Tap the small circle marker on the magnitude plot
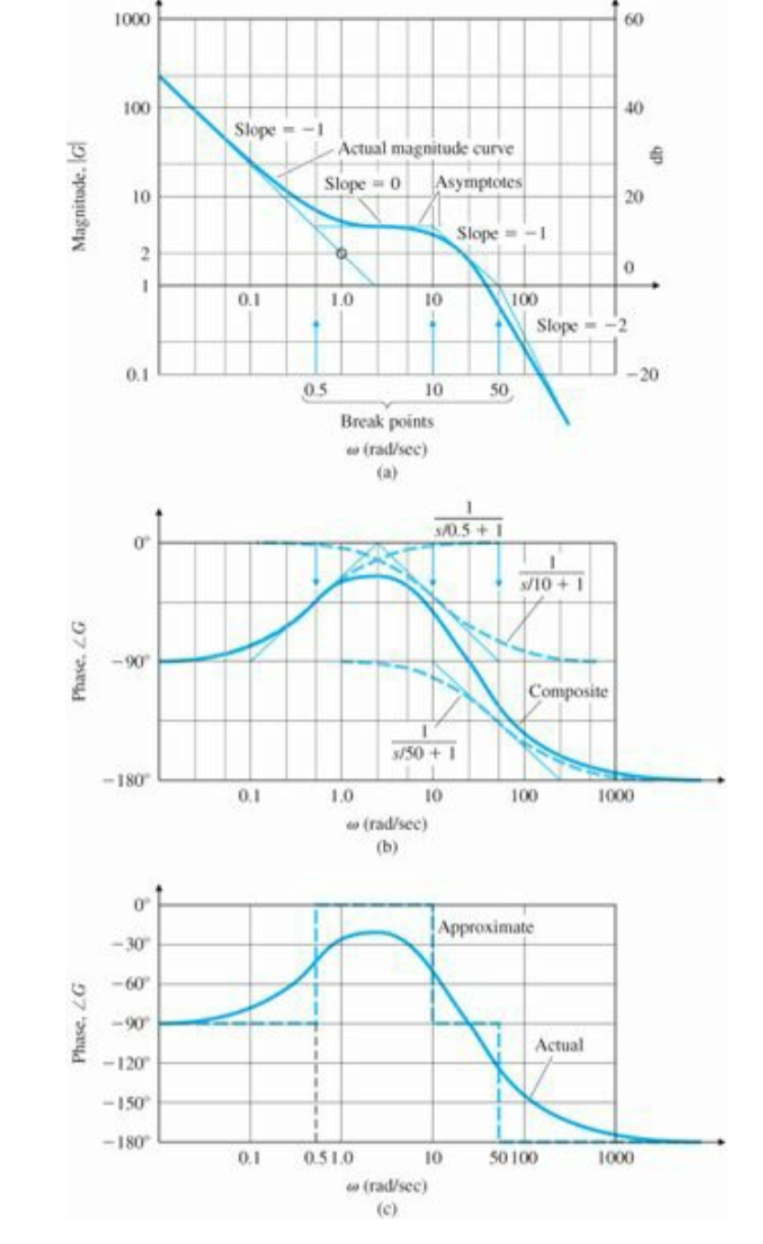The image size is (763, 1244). click(341, 253)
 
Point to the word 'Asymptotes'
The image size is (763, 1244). click(478, 182)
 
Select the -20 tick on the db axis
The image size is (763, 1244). click(636, 375)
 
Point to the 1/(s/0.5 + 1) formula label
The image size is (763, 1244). click(469, 519)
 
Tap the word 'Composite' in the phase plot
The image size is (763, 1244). click(567, 692)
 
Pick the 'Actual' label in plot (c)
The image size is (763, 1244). click(558, 1044)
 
